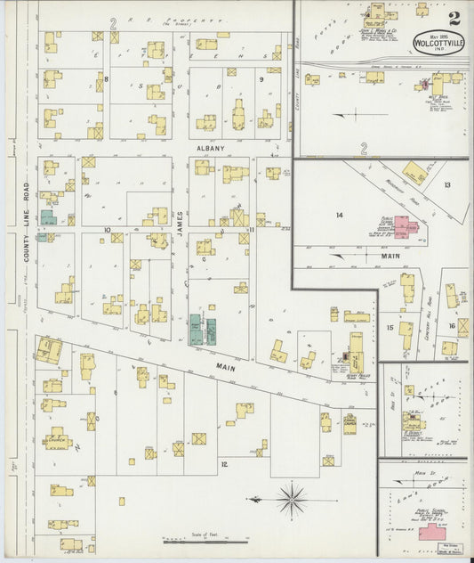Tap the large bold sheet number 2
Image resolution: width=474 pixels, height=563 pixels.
point(454,17)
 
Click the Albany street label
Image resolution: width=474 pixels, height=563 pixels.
point(211,148)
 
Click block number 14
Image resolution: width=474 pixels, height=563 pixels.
point(339,216)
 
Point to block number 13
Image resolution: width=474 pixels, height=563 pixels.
point(447,184)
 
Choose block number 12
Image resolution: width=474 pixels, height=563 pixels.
point(224,464)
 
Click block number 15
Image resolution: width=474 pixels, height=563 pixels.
point(390,328)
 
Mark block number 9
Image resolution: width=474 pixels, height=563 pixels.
point(261,79)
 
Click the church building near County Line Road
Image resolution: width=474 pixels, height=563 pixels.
point(59,437)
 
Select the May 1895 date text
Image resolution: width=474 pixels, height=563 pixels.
point(438,29)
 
